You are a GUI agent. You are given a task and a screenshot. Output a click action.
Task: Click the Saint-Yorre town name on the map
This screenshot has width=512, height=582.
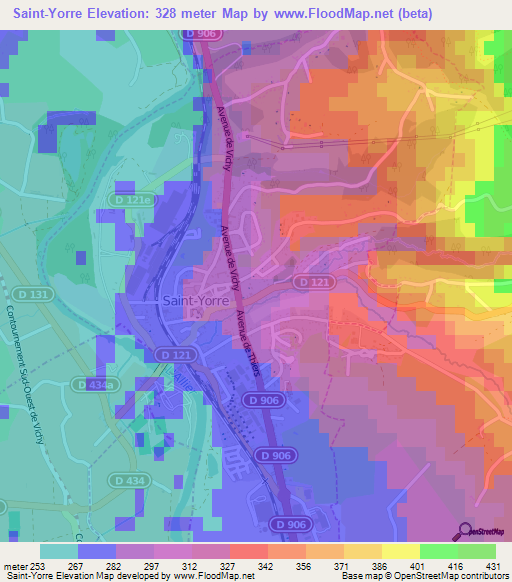tap(195, 298)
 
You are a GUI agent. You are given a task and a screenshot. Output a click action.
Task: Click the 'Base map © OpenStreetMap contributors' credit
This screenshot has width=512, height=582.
tap(423, 575)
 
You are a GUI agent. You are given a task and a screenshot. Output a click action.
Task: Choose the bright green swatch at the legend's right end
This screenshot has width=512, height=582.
tap(477, 550)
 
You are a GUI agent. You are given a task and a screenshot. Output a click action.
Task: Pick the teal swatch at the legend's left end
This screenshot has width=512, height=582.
tap(59, 550)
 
